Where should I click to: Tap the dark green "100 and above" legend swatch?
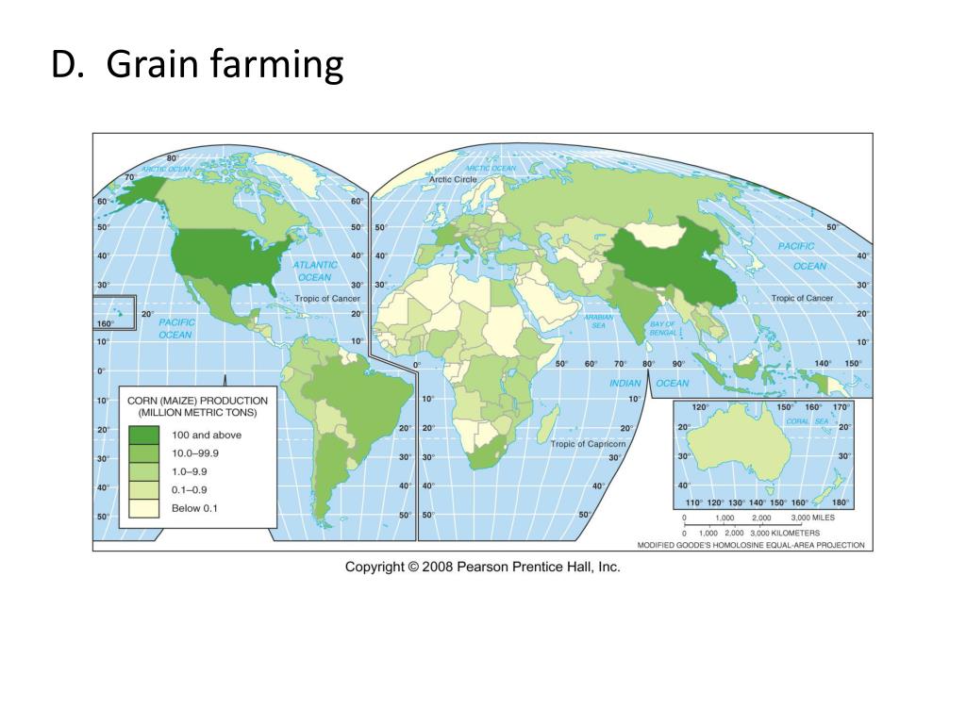[x=143, y=435]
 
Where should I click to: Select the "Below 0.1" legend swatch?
[x=143, y=509]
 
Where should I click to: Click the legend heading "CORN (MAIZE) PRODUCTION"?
[x=197, y=401]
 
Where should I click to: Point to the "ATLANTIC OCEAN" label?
[x=314, y=271]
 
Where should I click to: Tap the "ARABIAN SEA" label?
[x=598, y=321]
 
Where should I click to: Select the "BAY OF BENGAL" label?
[x=662, y=329]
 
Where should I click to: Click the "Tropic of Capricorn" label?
[x=588, y=443]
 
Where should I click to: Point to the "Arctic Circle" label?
[x=453, y=179]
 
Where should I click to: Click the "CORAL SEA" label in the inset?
[x=807, y=420]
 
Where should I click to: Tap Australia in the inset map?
[x=736, y=451]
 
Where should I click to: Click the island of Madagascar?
[x=546, y=428]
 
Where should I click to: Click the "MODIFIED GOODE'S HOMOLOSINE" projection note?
[x=751, y=545]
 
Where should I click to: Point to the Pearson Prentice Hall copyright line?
[x=482, y=567]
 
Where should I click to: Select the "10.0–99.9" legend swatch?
[x=143, y=453]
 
